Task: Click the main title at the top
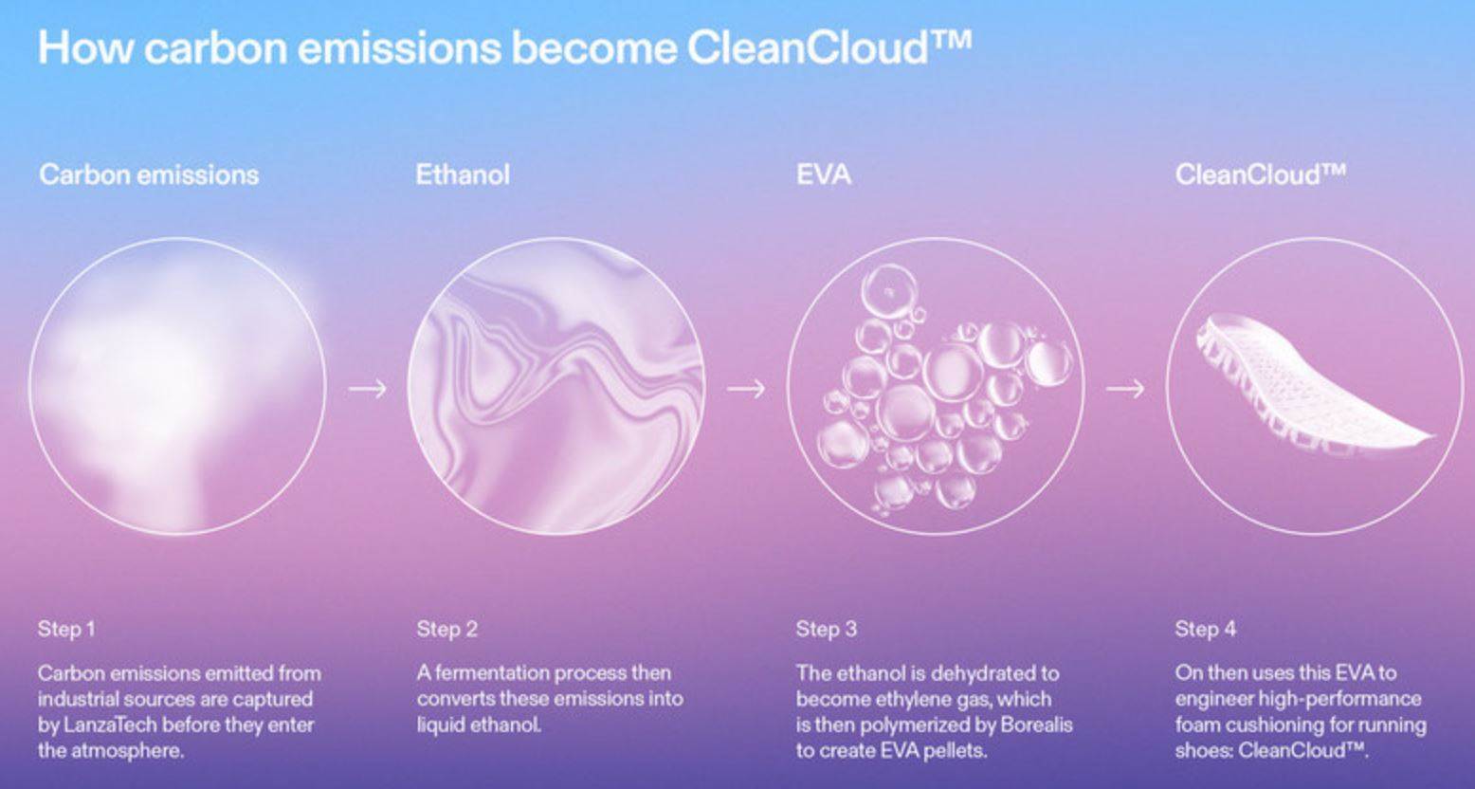[x=504, y=47]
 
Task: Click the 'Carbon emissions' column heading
[x=149, y=174]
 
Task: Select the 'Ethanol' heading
[x=463, y=174]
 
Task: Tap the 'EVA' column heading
[x=823, y=174]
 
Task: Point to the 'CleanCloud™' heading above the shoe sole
[x=1260, y=174]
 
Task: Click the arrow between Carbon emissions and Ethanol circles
[x=367, y=388]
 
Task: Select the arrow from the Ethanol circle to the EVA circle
[x=746, y=388]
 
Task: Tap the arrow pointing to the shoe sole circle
[x=1124, y=388]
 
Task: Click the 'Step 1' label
[x=66, y=629]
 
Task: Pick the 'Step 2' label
[x=446, y=629]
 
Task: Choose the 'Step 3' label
[x=826, y=629]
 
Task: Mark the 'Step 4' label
[x=1205, y=629]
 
